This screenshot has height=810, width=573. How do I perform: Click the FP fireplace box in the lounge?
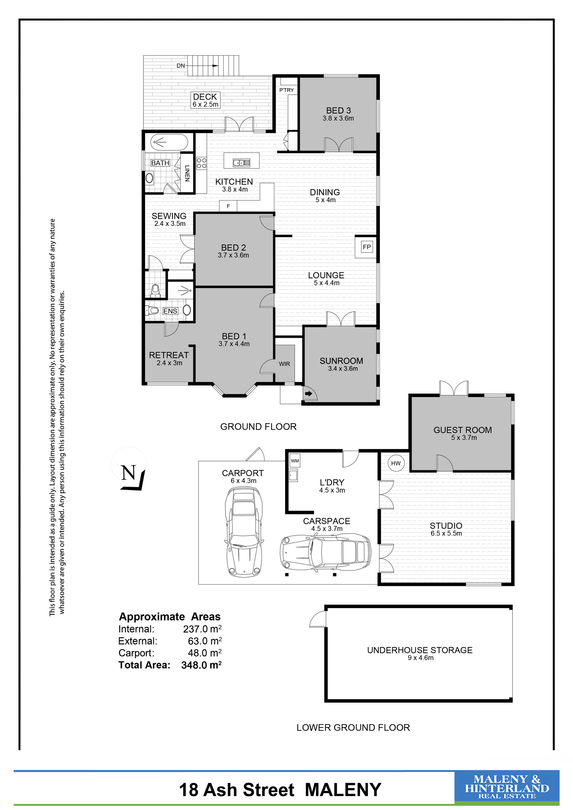[x=367, y=247]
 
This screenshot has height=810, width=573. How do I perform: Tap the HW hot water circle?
[x=396, y=463]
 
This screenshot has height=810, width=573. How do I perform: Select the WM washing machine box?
[x=295, y=461]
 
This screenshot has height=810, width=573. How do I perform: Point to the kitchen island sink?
[x=241, y=163]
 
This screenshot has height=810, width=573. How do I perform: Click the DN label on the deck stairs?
[x=181, y=66]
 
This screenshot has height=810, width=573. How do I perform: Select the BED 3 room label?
[x=338, y=111]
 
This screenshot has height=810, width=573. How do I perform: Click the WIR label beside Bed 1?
[x=284, y=364]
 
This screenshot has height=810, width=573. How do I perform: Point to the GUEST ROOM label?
[x=463, y=430]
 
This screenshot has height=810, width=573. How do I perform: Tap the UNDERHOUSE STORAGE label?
[x=420, y=650]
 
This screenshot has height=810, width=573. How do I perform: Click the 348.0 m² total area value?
[x=201, y=665]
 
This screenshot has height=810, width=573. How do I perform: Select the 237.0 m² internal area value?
[x=202, y=629]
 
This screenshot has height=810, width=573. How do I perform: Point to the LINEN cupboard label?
[x=187, y=173]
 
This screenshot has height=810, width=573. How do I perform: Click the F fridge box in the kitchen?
[x=228, y=206]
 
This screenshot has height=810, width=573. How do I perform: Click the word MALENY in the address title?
[x=343, y=790]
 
